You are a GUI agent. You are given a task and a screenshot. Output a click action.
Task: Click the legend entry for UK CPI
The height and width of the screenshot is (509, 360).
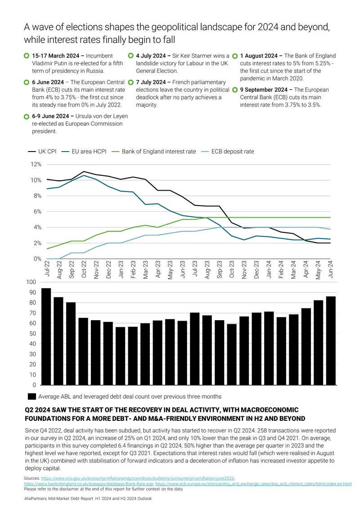(42, 151)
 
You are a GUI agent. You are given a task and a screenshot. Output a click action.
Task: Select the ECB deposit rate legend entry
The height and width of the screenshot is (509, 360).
(227, 151)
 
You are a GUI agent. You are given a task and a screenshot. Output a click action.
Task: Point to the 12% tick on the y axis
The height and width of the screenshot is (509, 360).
(36, 164)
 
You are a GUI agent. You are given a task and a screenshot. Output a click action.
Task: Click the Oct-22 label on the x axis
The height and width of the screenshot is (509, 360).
(84, 269)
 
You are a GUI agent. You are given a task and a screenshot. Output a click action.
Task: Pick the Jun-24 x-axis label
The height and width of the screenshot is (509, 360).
(330, 269)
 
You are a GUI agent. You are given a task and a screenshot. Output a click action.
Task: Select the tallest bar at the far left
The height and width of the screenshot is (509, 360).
(46, 337)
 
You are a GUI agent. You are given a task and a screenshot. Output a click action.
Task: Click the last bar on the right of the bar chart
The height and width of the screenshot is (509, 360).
(331, 340)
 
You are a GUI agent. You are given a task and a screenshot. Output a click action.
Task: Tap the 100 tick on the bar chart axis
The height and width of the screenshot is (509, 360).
(31, 282)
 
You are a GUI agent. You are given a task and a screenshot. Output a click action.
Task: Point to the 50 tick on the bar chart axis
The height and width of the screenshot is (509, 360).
(33, 334)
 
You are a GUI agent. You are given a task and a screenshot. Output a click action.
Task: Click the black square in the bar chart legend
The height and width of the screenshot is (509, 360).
(32, 396)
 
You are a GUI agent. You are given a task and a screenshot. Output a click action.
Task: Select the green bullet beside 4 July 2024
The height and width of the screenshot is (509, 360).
(130, 56)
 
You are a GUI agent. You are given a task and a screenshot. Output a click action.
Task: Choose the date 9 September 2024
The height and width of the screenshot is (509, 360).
(264, 89)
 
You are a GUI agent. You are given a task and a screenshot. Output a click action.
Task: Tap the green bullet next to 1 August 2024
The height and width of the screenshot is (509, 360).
(234, 56)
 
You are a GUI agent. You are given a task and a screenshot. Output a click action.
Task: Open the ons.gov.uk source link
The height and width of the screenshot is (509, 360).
(137, 478)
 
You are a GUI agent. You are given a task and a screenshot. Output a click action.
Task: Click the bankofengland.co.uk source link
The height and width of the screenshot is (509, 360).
(88, 484)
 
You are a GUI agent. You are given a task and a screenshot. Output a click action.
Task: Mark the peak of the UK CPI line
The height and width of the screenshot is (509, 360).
(84, 171)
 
